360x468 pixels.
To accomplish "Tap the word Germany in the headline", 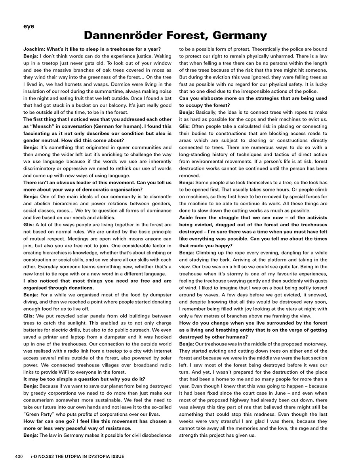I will [x=239, y=36].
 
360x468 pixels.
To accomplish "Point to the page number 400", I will [x=19, y=457].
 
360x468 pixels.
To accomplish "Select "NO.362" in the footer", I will [x=49, y=457].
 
